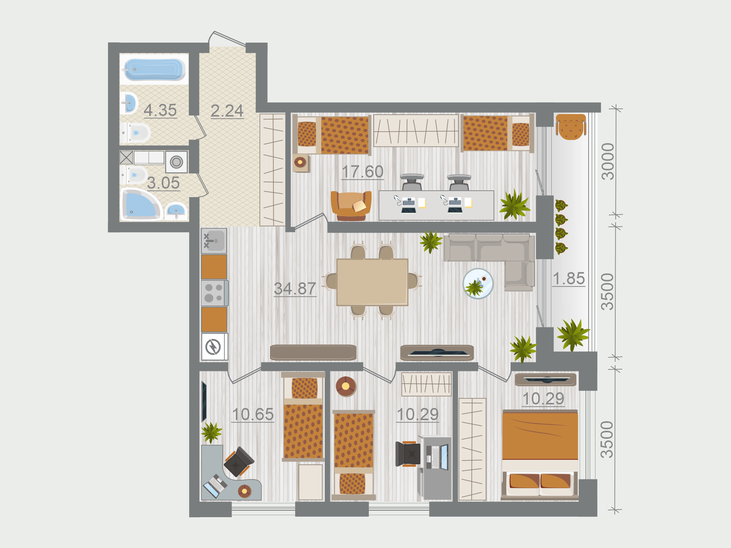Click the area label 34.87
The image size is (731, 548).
[x=295, y=288]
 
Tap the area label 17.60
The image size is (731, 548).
[x=362, y=172]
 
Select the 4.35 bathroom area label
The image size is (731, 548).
[x=160, y=110]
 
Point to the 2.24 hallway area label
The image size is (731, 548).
[x=227, y=111]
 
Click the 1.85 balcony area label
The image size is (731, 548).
[x=569, y=279]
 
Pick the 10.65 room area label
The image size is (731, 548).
[x=253, y=414]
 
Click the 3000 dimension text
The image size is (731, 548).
[x=608, y=161]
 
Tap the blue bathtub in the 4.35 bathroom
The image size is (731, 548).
[x=154, y=69]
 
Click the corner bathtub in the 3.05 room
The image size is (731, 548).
[x=141, y=205]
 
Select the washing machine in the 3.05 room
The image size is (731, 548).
[x=176, y=162]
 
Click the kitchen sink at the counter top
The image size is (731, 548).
[x=214, y=241]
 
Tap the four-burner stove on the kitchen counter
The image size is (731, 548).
[x=215, y=293]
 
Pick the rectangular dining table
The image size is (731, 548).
[x=372, y=282]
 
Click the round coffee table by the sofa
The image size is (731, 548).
[x=478, y=284]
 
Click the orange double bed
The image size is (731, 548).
[x=540, y=454]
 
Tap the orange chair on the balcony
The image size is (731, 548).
[x=571, y=127]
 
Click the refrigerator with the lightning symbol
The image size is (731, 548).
[x=214, y=347]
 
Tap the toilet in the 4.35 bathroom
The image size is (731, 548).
[x=136, y=133]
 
